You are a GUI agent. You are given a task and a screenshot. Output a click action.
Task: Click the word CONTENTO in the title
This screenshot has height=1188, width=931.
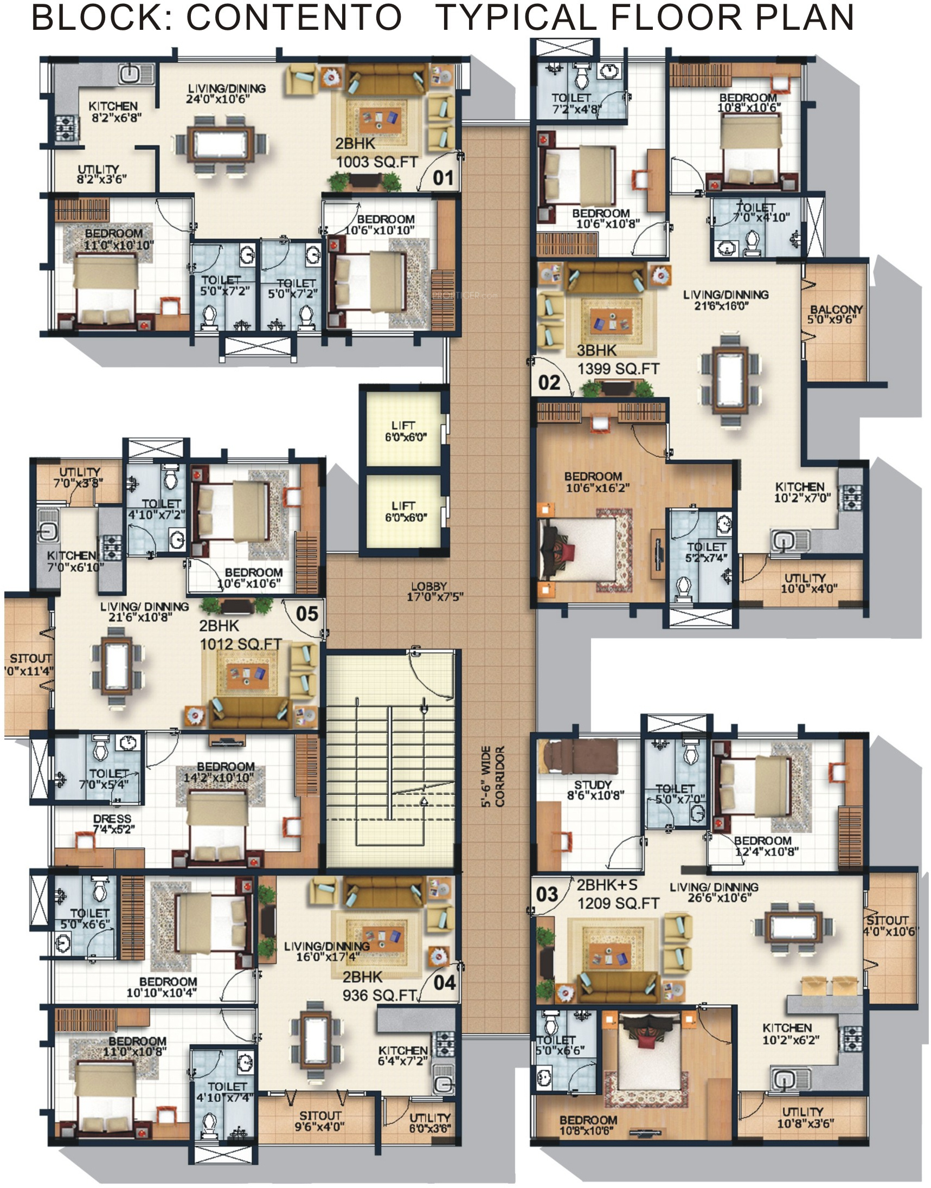[x=294, y=17]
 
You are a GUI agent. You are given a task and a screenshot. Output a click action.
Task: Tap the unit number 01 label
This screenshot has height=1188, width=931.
[x=443, y=178]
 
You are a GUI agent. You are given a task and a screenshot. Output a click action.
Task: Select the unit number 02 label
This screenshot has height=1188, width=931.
[x=549, y=383]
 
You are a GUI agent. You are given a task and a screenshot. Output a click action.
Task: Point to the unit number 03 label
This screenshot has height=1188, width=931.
[x=547, y=894]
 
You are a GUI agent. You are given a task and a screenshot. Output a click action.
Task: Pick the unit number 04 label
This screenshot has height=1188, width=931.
[x=445, y=982]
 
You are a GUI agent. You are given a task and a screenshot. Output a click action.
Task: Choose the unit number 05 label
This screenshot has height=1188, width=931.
[x=307, y=614]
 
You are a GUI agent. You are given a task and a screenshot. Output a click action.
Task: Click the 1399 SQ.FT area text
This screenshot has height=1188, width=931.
[x=618, y=369]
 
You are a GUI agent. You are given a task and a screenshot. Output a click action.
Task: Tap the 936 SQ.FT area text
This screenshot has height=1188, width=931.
[x=380, y=996]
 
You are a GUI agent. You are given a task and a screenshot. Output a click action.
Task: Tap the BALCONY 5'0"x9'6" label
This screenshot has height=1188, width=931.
[x=836, y=314]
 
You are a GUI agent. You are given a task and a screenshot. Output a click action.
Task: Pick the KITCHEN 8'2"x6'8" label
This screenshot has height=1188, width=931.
[x=113, y=111]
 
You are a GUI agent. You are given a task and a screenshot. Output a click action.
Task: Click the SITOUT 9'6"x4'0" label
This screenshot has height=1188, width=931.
[x=319, y=1120]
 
